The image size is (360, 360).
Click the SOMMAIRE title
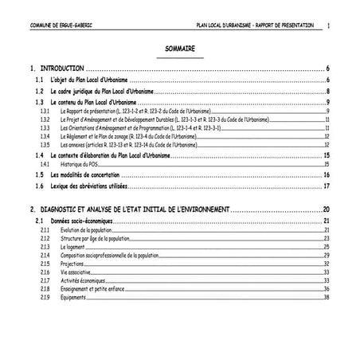tap(181, 49)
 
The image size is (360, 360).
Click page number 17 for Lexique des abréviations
tap(327, 186)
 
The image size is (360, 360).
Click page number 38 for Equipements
tap(327, 297)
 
